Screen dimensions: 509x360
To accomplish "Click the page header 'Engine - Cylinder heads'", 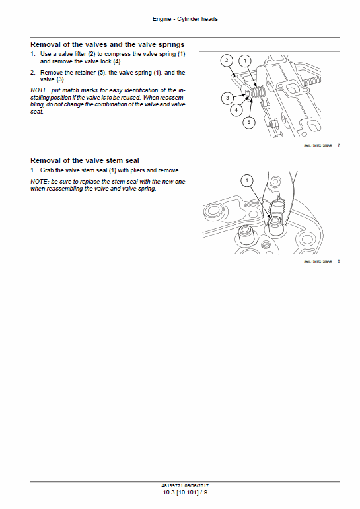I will pos(180,19).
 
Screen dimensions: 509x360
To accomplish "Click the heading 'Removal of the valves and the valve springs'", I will pos(108,44).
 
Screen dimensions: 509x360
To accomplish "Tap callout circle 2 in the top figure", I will pos(227,60).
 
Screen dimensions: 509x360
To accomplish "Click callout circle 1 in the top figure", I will pos(245,61).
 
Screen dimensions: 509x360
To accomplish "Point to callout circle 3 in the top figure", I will pos(227,98).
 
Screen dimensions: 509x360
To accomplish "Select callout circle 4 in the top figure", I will pos(236,111).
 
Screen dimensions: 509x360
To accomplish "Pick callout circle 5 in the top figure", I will pos(248,122).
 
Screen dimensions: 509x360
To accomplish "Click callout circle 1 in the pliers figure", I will pos(247,180).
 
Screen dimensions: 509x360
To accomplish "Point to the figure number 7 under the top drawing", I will pos(338,144).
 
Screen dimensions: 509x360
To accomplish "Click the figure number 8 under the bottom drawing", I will pos(338,261).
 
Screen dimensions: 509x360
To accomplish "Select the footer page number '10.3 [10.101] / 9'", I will pos(180,492).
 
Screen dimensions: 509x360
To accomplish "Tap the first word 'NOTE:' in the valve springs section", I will pos(39,90).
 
